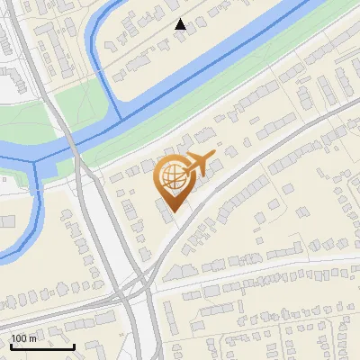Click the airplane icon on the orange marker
click(198, 164)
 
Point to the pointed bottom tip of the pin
click(173, 211)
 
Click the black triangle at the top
click(181, 24)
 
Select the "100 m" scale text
click(24, 338)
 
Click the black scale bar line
click(42, 346)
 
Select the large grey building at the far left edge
click(6, 221)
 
